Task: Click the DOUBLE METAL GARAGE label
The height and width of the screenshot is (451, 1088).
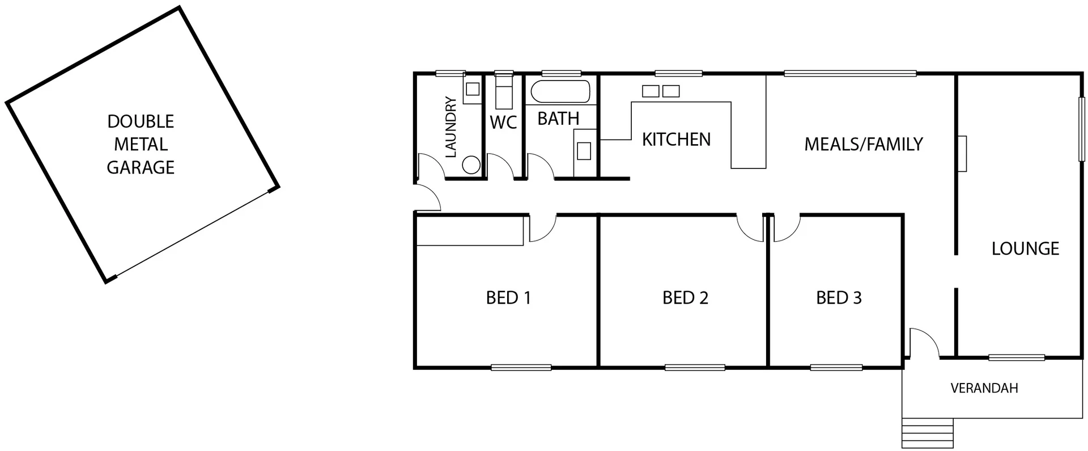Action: pyautogui.click(x=141, y=144)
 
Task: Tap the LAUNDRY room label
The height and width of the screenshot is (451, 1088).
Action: pyautogui.click(x=451, y=127)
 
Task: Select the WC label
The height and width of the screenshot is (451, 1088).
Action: pyautogui.click(x=503, y=122)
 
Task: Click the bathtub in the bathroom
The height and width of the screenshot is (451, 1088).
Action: pyautogui.click(x=560, y=91)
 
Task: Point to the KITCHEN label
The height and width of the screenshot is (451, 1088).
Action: pyautogui.click(x=676, y=140)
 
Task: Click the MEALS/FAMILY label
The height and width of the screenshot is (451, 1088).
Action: pyautogui.click(x=864, y=144)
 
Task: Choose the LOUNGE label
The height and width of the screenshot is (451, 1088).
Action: pyautogui.click(x=1025, y=248)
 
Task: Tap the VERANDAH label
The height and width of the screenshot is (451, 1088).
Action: pyautogui.click(x=984, y=389)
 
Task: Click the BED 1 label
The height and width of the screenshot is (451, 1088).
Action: pyautogui.click(x=508, y=298)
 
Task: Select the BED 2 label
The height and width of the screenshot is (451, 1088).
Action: pyautogui.click(x=685, y=298)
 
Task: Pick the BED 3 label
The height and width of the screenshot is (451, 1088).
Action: pyautogui.click(x=839, y=298)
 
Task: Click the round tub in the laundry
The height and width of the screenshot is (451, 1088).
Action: pyautogui.click(x=471, y=165)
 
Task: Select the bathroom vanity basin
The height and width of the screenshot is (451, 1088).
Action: pyautogui.click(x=584, y=151)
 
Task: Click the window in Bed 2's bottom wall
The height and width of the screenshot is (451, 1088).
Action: pyautogui.click(x=695, y=368)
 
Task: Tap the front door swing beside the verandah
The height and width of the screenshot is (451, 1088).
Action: pyautogui.click(x=924, y=342)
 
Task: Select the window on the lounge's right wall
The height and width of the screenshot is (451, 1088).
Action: pyautogui.click(x=1081, y=129)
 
